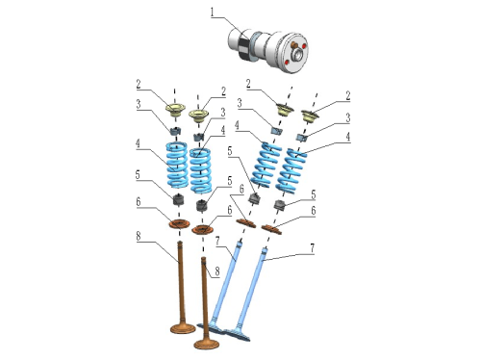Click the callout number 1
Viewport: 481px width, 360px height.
[212, 13]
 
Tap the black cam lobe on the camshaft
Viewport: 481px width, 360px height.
[245, 46]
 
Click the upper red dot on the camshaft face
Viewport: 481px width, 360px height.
[303, 46]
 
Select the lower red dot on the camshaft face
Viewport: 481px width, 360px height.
[287, 63]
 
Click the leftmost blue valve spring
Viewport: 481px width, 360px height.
[176, 165]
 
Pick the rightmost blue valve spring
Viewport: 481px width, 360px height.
[291, 171]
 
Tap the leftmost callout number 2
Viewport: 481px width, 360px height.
[139, 85]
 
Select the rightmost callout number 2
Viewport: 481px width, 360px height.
[348, 96]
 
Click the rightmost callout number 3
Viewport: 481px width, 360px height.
[348, 118]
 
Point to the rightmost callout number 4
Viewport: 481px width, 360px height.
[348, 137]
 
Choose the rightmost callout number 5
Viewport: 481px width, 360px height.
[314, 194]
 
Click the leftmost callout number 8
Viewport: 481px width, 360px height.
[139, 236]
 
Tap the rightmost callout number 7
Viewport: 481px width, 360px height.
[312, 248]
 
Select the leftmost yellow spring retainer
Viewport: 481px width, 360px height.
[175, 109]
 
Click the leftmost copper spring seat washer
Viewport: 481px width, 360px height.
[179, 223]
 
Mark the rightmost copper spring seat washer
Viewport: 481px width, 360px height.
[271, 230]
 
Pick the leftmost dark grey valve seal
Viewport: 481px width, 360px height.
[179, 200]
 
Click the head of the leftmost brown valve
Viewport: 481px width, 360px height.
[183, 328]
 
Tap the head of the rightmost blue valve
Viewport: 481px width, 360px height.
[238, 335]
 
